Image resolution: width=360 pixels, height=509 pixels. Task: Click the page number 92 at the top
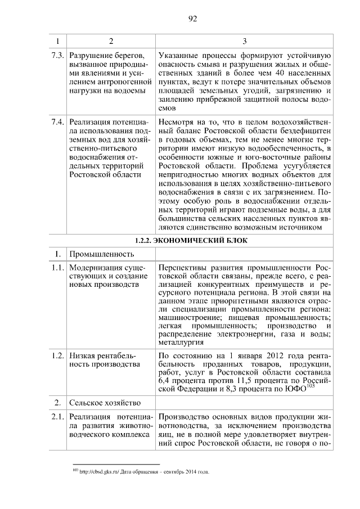[192, 19]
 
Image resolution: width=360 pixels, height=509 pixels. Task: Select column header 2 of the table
[111, 42]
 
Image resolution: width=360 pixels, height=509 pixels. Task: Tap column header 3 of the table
[244, 42]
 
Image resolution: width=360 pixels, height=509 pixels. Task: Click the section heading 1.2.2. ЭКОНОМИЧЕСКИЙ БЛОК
[191, 241]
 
